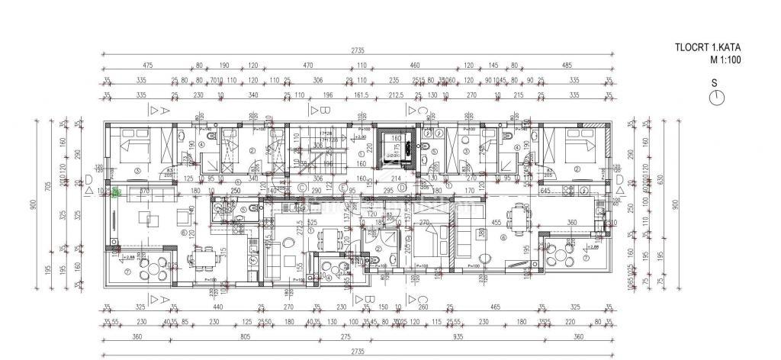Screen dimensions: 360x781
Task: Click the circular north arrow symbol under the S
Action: click(x=715, y=97)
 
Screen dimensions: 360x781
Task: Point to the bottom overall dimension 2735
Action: click(x=358, y=350)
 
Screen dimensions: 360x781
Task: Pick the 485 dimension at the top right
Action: click(x=567, y=66)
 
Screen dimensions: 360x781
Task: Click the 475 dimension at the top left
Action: click(x=148, y=66)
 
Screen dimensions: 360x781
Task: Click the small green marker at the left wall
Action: click(x=116, y=194)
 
